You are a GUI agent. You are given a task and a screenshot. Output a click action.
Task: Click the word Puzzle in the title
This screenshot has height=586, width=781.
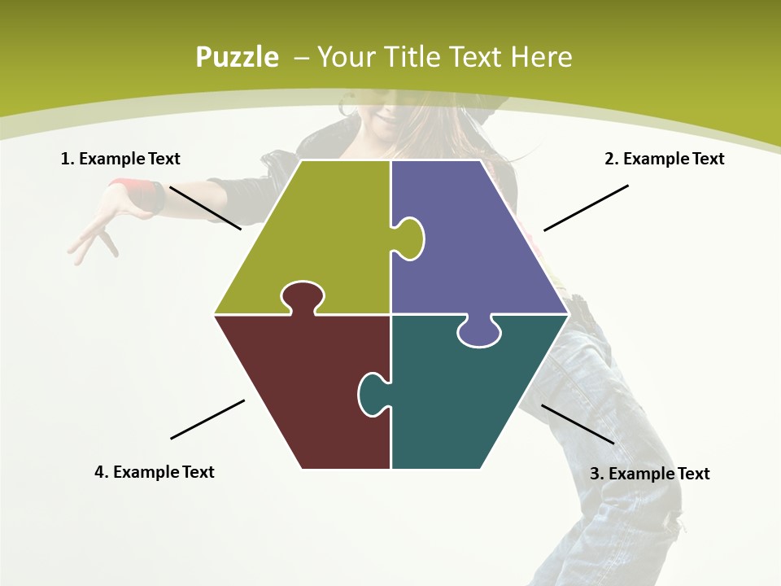point(237,57)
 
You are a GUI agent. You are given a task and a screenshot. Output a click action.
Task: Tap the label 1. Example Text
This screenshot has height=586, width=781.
point(120,159)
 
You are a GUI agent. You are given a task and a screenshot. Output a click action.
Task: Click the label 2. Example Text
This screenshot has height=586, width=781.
point(664,159)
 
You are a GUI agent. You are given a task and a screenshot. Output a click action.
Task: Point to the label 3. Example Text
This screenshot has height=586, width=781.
point(649,474)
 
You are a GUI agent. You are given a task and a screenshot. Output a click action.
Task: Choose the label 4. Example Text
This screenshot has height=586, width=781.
point(155,472)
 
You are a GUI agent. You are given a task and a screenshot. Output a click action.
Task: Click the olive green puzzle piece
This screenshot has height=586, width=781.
point(317,236)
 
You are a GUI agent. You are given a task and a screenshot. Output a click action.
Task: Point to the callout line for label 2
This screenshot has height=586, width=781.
point(586,208)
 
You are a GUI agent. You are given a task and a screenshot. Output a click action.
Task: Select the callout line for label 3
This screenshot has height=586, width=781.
point(578,424)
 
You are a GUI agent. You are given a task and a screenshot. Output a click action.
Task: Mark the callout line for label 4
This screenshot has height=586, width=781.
point(207,419)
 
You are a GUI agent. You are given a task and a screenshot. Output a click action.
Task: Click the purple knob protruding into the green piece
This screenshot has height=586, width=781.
point(409,238)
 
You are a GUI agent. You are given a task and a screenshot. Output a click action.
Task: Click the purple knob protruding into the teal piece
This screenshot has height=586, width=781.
point(478,331)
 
